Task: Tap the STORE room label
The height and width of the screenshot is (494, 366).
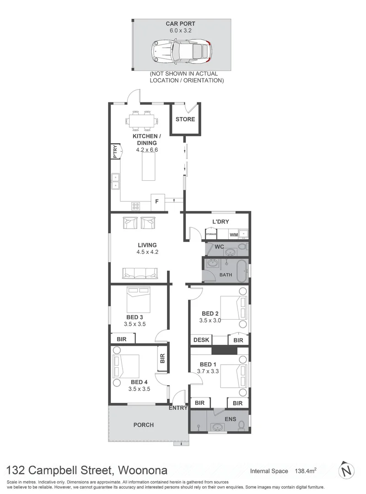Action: coord(185,119)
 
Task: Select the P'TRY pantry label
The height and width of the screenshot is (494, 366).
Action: coord(115,151)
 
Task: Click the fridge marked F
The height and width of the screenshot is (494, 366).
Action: coord(158,201)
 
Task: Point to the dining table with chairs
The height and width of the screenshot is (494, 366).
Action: coord(142,121)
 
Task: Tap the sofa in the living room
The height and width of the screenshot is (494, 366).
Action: coord(140,273)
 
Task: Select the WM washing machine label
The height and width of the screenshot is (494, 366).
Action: coord(234,235)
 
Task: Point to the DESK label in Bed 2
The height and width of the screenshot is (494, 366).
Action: coord(201,340)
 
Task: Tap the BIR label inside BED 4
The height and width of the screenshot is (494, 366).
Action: coord(161,358)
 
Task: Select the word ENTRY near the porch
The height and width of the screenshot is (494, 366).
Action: coord(178,408)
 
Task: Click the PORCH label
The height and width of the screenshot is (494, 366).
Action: coord(143,425)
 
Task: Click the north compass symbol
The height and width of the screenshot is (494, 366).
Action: coord(347,470)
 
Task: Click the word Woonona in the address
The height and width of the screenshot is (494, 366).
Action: coord(143,470)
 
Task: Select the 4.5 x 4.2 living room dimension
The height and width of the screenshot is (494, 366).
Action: coord(147,252)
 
